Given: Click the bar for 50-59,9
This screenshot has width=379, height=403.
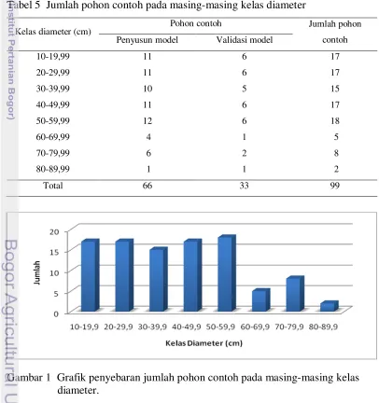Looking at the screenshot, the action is pyautogui.click(x=227, y=273).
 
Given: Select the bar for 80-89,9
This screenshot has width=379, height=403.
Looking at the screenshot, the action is pyautogui.click(x=329, y=306).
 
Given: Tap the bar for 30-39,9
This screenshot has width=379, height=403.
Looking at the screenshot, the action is pyautogui.click(x=159, y=279).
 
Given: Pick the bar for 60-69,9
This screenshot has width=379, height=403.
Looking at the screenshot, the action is pyautogui.click(x=260, y=300).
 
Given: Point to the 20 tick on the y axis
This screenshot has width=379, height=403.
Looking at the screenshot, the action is pyautogui.click(x=54, y=231).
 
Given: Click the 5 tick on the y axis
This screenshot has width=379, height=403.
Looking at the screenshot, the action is pyautogui.click(x=56, y=293).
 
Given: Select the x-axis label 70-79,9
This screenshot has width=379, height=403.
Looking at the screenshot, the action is pyautogui.click(x=289, y=327).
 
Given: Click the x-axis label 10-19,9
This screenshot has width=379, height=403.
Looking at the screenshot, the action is pyautogui.click(x=84, y=327).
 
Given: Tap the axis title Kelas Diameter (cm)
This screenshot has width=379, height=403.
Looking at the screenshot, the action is pyautogui.click(x=204, y=343).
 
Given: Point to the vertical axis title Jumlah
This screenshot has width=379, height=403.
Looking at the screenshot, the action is pyautogui.click(x=37, y=272).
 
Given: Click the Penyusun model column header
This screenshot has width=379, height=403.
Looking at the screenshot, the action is pyautogui.click(x=147, y=40).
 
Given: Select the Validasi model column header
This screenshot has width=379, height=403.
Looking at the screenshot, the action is pyautogui.click(x=245, y=40).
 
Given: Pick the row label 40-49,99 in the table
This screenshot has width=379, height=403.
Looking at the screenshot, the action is pyautogui.click(x=53, y=104).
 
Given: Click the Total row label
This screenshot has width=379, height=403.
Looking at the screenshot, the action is pyautogui.click(x=53, y=186).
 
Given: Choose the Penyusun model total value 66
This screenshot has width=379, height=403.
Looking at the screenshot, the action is pyautogui.click(x=147, y=186).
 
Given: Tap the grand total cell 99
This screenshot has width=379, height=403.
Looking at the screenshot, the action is pyautogui.click(x=335, y=186).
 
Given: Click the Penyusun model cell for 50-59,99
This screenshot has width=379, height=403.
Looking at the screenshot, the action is pyautogui.click(x=147, y=120).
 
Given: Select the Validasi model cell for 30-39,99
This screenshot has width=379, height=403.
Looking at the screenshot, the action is pyautogui.click(x=245, y=89).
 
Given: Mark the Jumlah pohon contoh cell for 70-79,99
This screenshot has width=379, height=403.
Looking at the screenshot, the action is pyautogui.click(x=336, y=153).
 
